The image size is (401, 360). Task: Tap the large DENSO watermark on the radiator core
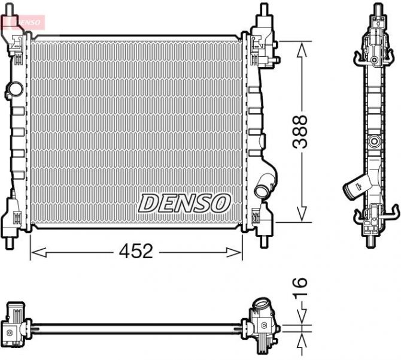click(184, 202)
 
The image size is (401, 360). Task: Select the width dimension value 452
click(135, 252)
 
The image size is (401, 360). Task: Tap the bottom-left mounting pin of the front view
click(11, 243)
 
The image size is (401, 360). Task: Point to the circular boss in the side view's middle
click(375, 142)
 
